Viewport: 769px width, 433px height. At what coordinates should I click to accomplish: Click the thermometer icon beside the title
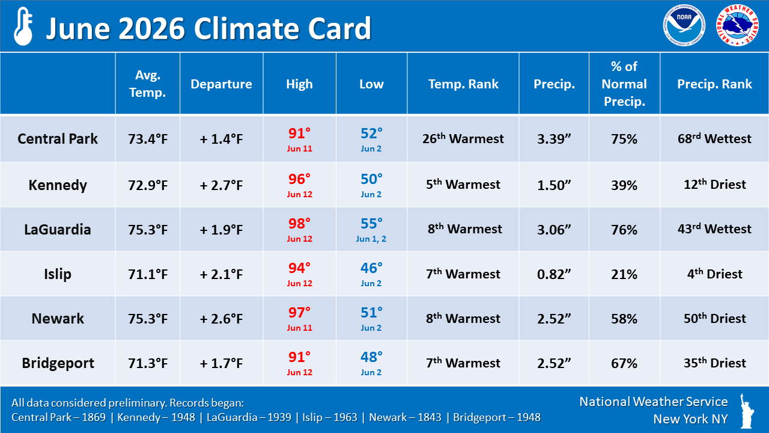(x=23, y=26)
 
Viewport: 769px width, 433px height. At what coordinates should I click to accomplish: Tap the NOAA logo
(x=684, y=25)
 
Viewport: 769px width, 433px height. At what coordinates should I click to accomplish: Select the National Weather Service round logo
(x=737, y=25)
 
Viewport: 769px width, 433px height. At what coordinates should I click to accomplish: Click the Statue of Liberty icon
(x=746, y=411)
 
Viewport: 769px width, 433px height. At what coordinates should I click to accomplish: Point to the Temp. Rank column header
(x=463, y=84)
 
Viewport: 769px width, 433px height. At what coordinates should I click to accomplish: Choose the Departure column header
(x=221, y=84)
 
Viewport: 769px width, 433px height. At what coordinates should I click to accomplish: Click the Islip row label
(x=58, y=274)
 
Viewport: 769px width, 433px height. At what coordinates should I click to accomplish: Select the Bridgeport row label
(x=58, y=363)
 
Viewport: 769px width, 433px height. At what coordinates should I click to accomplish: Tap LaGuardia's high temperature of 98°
(x=299, y=224)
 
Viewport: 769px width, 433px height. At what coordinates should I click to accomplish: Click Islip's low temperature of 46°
(x=371, y=268)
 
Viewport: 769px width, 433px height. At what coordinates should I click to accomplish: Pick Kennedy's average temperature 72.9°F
(x=148, y=185)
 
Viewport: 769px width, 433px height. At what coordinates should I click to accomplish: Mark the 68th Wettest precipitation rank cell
(x=714, y=138)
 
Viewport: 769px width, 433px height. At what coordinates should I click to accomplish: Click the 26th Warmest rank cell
(x=463, y=138)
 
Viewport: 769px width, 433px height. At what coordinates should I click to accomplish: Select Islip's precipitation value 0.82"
(x=554, y=274)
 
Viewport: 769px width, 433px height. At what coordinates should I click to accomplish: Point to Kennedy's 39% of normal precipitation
(x=624, y=185)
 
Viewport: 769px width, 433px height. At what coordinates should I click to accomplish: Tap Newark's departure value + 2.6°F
(x=221, y=319)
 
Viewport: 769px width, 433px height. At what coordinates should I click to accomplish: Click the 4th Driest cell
(x=714, y=274)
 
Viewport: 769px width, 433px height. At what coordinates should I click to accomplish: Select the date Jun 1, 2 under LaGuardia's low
(x=371, y=239)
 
